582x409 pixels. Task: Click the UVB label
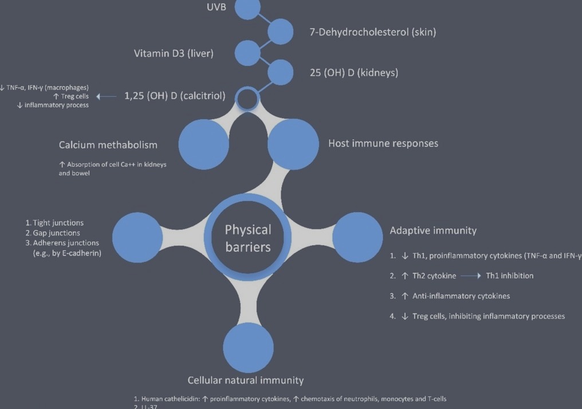point(217,7)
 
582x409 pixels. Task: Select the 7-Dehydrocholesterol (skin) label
point(372,32)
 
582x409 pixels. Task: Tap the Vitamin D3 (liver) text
point(174,54)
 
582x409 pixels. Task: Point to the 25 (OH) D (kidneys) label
point(353,73)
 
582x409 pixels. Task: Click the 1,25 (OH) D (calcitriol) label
point(175,96)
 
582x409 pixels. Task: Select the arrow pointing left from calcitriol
point(107,97)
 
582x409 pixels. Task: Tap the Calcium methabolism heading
point(108,145)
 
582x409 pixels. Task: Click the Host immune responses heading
point(383,143)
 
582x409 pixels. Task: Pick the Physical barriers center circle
point(247,238)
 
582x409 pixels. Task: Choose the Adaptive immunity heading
point(433,230)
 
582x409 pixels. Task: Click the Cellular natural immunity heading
point(246,380)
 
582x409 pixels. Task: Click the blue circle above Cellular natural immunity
point(248,348)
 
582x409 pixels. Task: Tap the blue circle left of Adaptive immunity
point(357,237)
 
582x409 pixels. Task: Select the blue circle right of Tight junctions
point(137,237)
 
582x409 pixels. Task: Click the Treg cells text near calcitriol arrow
point(74,97)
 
